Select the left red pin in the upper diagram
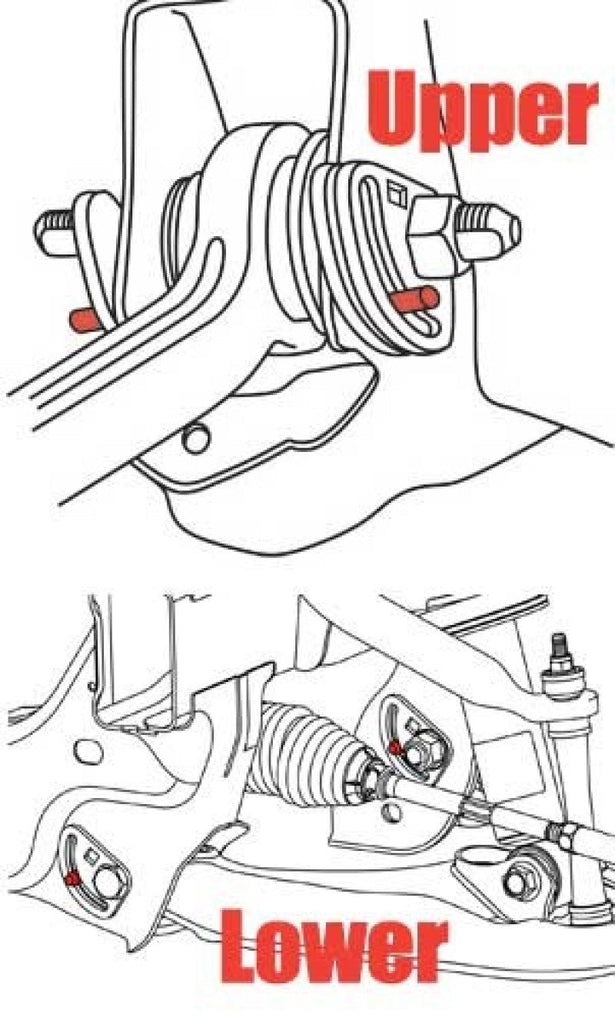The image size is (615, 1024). pos(83,319)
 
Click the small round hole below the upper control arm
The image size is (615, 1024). pos(197,437)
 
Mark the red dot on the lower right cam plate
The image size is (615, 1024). pos(396,747)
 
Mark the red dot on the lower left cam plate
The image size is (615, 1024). pos(73,877)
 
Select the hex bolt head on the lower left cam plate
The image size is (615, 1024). pos(107,884)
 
